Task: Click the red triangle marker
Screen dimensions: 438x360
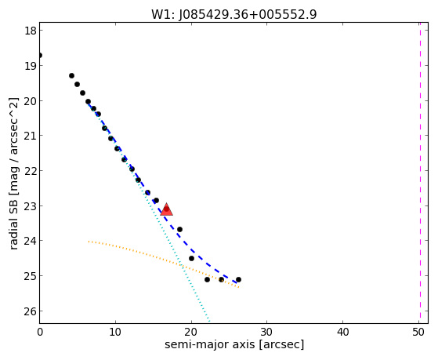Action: pos(167,209)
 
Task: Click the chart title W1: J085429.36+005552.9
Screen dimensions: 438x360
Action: pos(234,15)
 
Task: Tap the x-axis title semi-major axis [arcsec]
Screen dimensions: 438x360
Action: pos(234,344)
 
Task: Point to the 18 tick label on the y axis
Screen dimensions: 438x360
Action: pos(30,31)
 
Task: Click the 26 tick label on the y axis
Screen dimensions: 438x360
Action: pos(30,311)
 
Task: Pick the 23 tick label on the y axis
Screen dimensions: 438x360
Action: pos(30,205)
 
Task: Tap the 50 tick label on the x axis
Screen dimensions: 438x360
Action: pos(418,333)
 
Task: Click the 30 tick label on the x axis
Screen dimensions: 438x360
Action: pos(266,333)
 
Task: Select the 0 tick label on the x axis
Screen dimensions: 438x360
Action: pos(40,333)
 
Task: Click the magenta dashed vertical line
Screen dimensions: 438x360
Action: pos(420,173)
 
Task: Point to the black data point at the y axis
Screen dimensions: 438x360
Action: pos(40,56)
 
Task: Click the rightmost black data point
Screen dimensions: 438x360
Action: pos(238,280)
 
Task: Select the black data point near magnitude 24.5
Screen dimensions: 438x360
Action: pos(191,259)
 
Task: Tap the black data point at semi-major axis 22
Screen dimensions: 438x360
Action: pos(207,280)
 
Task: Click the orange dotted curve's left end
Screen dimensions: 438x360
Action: pos(89,241)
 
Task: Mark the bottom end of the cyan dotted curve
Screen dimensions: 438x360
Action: pos(209,321)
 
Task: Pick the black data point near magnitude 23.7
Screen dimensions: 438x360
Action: pos(180,229)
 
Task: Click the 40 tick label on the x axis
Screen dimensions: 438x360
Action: pos(342,333)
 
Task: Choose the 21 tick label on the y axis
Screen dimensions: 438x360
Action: pos(30,136)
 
